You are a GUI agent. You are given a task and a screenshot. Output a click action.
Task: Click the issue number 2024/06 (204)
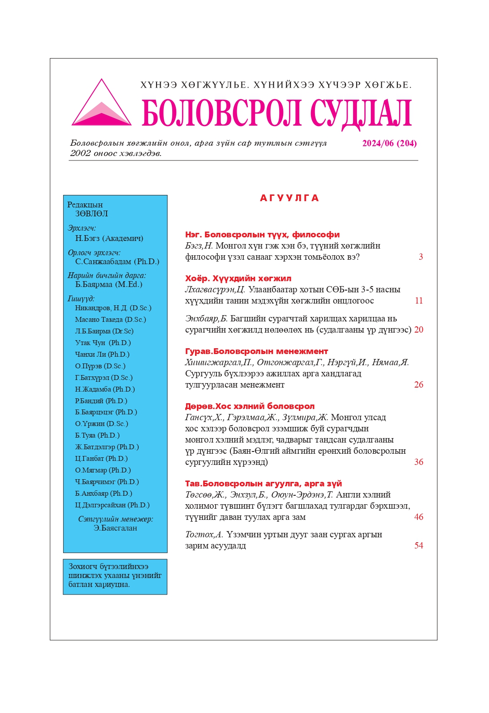[389, 143]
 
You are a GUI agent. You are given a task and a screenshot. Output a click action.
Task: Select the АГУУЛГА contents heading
[289, 198]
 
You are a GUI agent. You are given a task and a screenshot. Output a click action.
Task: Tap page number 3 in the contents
[421, 257]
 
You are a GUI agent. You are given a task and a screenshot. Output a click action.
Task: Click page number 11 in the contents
[419, 301]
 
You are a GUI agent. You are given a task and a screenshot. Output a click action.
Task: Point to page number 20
[419, 330]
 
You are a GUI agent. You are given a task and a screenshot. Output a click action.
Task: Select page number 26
[419, 385]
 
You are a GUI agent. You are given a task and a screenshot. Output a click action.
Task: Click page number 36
[419, 462]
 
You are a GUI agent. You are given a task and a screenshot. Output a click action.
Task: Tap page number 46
[419, 517]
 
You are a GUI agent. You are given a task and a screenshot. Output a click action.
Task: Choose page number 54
[419, 546]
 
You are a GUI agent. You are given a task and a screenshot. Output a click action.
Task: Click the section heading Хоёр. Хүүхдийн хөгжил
[238, 278]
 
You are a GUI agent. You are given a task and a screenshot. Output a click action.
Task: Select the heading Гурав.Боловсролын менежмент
[256, 351]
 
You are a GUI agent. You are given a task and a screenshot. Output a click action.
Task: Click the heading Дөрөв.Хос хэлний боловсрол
[250, 406]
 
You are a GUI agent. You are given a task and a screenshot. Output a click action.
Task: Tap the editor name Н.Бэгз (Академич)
[109, 239]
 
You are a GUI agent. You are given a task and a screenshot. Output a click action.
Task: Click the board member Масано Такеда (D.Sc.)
[111, 320]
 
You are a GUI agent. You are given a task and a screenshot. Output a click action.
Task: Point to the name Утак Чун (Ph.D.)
[103, 343]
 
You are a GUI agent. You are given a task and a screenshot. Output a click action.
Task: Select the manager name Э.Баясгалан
[115, 528]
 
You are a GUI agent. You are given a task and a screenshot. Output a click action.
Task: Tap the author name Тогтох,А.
[204, 535]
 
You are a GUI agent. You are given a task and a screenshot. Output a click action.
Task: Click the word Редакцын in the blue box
[85, 205]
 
